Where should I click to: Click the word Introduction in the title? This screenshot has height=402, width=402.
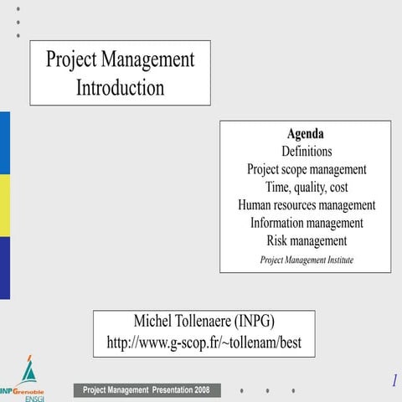click(x=120, y=87)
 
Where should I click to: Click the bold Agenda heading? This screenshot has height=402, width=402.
click(x=305, y=134)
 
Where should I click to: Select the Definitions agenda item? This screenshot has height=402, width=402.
click(x=307, y=152)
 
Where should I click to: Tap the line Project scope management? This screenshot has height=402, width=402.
click(x=307, y=169)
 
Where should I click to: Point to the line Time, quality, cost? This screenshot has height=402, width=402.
click(x=307, y=187)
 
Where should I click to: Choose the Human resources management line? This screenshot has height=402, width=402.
click(x=307, y=204)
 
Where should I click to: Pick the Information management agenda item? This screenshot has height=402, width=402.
click(x=307, y=223)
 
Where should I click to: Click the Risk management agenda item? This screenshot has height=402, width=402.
click(x=307, y=241)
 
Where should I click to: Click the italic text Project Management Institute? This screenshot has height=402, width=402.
click(x=307, y=260)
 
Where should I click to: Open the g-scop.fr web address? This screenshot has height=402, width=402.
click(x=204, y=343)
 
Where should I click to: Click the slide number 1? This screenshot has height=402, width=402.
click(x=394, y=381)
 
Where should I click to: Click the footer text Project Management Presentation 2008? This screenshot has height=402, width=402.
click(x=147, y=390)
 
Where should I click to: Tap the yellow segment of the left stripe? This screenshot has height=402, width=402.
click(x=4, y=205)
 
